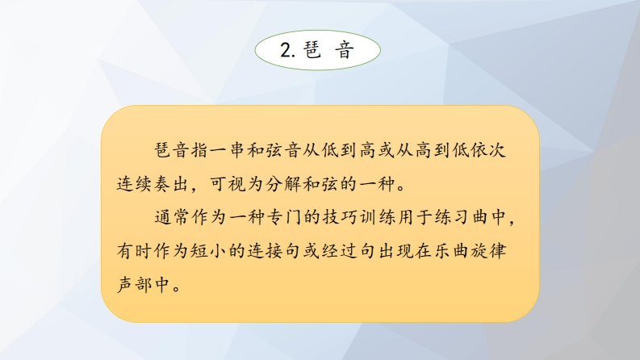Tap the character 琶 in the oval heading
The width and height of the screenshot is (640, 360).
pos(312,50)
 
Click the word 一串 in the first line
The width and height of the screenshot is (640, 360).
pos(229,150)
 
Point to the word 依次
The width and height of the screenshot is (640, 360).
pos(487,150)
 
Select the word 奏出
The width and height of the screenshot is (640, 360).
pos(172,184)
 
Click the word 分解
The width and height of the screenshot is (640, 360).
pos(283,184)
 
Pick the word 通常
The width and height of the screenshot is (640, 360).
pos(172,217)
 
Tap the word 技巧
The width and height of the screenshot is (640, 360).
pos(340,217)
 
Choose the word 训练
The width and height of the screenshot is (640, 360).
pos(377,217)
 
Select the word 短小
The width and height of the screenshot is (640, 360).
pos(209,250)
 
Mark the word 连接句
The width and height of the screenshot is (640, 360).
pos(274,250)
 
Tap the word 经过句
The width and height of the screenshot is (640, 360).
pos(349,250)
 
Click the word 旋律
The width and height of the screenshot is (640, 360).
pos(487,250)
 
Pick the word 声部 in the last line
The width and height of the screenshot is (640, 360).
pos(134,283)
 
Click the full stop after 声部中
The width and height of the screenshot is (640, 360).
pos(177,288)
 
